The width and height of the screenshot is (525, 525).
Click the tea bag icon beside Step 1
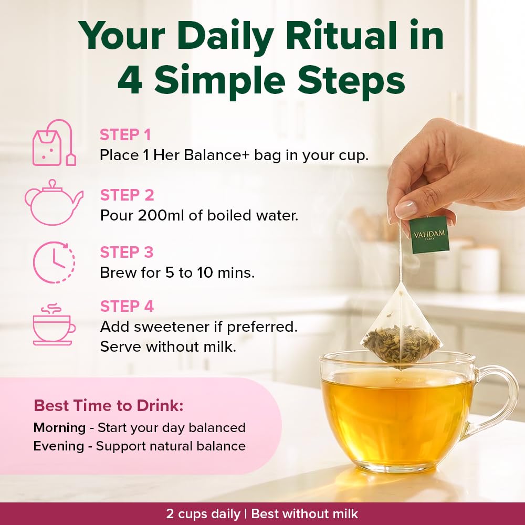tap(54, 143)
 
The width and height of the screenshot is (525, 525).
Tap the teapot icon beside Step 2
tap(54, 202)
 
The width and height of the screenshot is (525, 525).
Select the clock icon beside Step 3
tap(54, 262)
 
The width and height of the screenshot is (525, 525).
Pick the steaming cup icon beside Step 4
tap(54, 324)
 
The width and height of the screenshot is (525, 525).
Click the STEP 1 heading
tap(125, 135)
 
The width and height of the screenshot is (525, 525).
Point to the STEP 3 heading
tap(127, 252)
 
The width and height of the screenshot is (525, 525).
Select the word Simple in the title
tap(220, 80)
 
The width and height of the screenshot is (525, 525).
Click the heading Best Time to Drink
tap(109, 405)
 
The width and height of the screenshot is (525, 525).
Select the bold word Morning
tap(60, 428)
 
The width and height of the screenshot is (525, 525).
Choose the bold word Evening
tap(59, 446)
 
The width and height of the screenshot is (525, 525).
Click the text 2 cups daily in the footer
tap(203, 514)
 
